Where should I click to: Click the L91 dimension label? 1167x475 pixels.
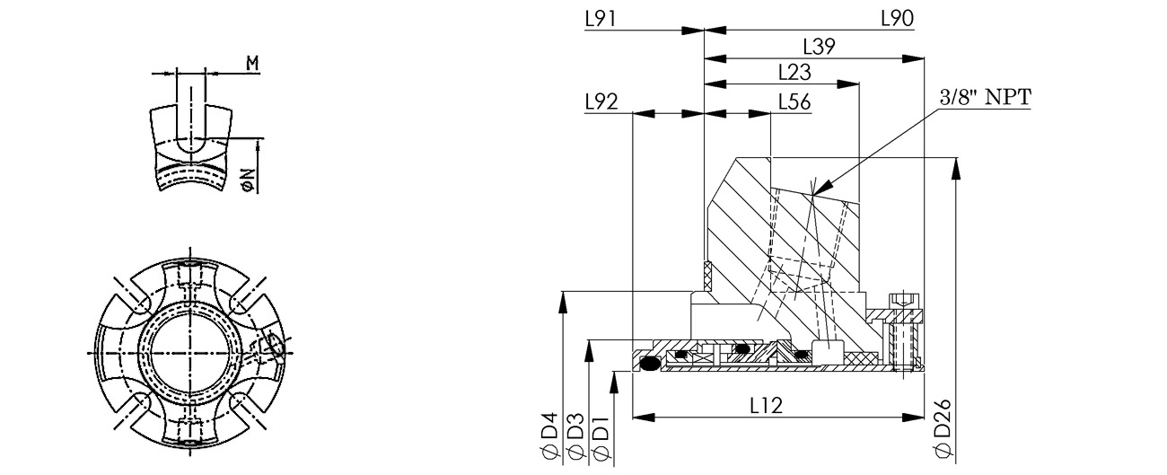[601, 19]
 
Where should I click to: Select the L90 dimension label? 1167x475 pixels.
[897, 19]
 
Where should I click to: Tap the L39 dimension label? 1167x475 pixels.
[819, 47]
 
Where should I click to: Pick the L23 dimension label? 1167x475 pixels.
[794, 73]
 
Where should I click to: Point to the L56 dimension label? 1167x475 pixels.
[794, 102]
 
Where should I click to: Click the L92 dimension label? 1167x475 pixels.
[601, 101]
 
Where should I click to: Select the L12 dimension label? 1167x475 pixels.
[767, 405]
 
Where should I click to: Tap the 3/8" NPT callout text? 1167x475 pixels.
[985, 97]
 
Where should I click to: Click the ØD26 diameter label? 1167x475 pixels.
[943, 429]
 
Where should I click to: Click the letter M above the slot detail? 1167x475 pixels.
[252, 64]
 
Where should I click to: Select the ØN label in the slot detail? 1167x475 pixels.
[249, 180]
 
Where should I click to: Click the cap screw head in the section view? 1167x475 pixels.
[901, 302]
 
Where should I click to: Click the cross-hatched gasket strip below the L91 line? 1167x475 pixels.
[707, 276]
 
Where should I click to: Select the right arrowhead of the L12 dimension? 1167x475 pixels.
[913, 418]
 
